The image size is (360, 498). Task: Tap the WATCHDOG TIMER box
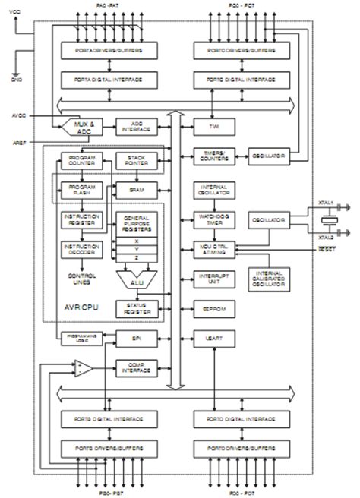tap(215, 219)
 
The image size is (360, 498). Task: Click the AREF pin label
tap(21, 141)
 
